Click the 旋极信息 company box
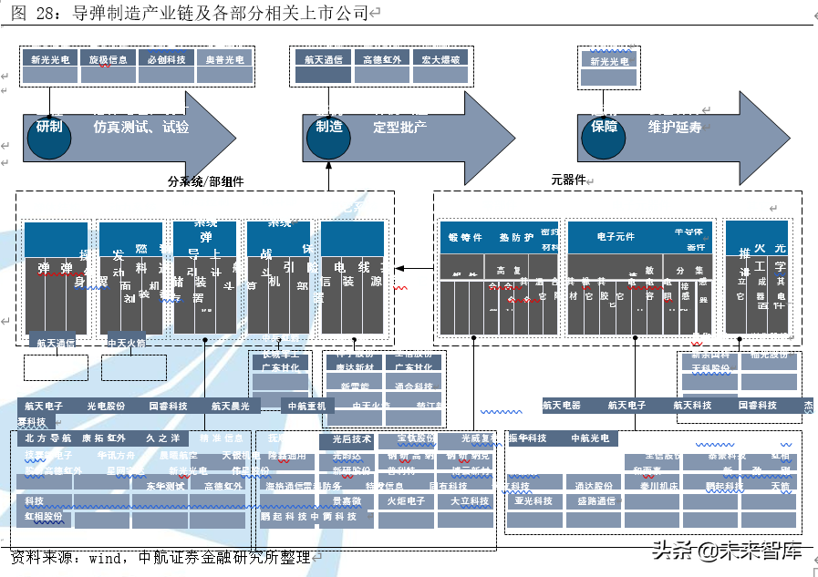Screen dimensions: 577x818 tap(108, 59)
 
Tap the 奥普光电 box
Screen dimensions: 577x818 tap(223, 59)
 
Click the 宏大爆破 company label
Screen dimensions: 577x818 tap(439, 59)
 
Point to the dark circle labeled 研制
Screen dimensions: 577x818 tap(49, 126)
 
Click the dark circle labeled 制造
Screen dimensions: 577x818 tap(328, 126)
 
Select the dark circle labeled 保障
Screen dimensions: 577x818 tap(604, 126)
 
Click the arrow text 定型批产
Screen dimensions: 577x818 tap(399, 127)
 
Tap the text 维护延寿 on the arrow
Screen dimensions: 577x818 tap(675, 127)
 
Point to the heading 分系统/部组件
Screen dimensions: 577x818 tap(206, 181)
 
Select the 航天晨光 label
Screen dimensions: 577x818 tap(231, 406)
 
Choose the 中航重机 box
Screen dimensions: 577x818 tap(307, 406)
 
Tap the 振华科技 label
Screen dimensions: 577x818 tap(528, 438)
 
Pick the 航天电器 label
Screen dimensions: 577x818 tap(561, 405)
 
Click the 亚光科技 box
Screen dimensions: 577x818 tap(533, 500)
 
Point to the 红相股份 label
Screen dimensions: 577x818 tap(44, 517)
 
